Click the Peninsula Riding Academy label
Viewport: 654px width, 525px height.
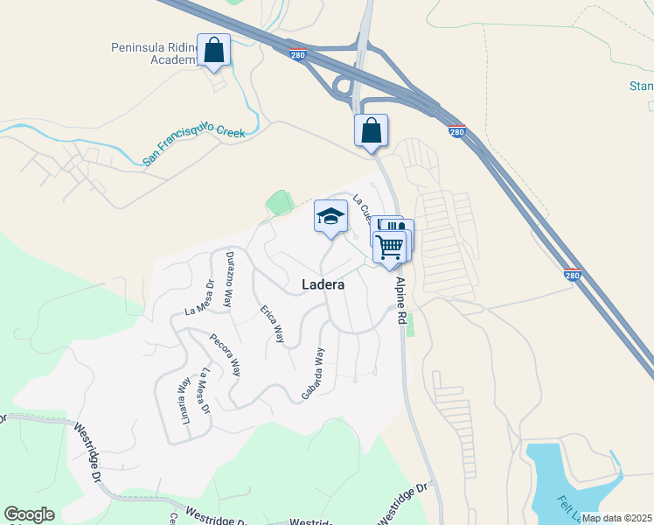tap(153, 52)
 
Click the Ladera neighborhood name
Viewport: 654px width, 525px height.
tap(323, 284)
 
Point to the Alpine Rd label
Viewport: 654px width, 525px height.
tap(402, 302)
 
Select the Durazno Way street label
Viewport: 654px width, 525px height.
tap(230, 277)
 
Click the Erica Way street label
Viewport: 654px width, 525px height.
tap(272, 324)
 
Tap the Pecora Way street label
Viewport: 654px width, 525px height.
tap(226, 354)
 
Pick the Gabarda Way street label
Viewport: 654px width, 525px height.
tap(313, 374)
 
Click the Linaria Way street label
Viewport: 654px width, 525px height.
tap(184, 400)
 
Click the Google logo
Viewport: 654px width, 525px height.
tap(30, 514)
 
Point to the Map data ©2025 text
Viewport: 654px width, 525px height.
tap(616, 518)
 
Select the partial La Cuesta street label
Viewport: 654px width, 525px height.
tap(362, 210)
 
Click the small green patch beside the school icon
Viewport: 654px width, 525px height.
tap(280, 203)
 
